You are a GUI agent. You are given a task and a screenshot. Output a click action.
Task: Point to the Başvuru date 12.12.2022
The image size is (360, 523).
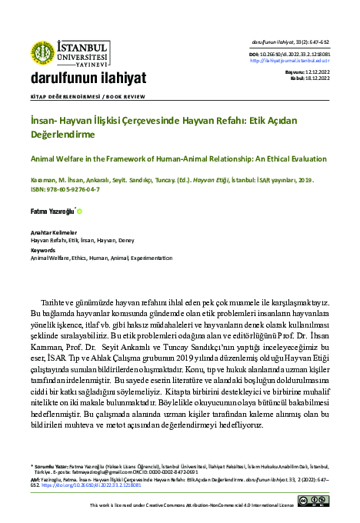pyautogui.click(x=317, y=72)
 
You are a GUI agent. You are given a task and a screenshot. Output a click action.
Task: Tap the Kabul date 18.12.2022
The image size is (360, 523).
pyautogui.click(x=317, y=77)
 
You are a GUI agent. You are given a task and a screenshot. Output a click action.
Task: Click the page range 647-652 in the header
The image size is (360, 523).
pyautogui.click(x=320, y=41)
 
